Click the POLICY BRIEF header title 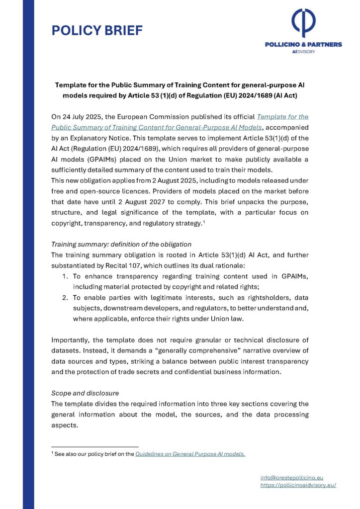pyautogui.click(x=97, y=31)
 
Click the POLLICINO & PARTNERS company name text pyautogui.click(x=303, y=45)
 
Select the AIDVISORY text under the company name pyautogui.click(x=303, y=52)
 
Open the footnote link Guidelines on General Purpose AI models pyautogui.click(x=190, y=454)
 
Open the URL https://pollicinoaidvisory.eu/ pyautogui.click(x=298, y=485)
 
